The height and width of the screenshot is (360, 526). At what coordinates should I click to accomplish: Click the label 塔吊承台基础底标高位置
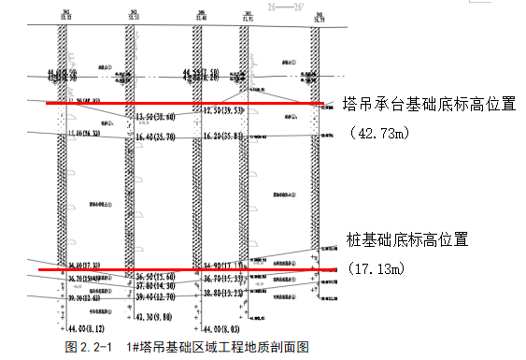429,103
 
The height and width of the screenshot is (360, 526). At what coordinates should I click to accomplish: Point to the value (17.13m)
377,269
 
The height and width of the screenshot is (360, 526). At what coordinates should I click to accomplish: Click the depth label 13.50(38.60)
157,117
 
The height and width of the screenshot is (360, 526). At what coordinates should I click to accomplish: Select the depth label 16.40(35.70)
157,137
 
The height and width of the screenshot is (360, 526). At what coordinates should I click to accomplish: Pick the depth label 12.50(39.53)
224,110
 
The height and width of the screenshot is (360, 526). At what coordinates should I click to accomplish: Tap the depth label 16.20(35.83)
224,137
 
